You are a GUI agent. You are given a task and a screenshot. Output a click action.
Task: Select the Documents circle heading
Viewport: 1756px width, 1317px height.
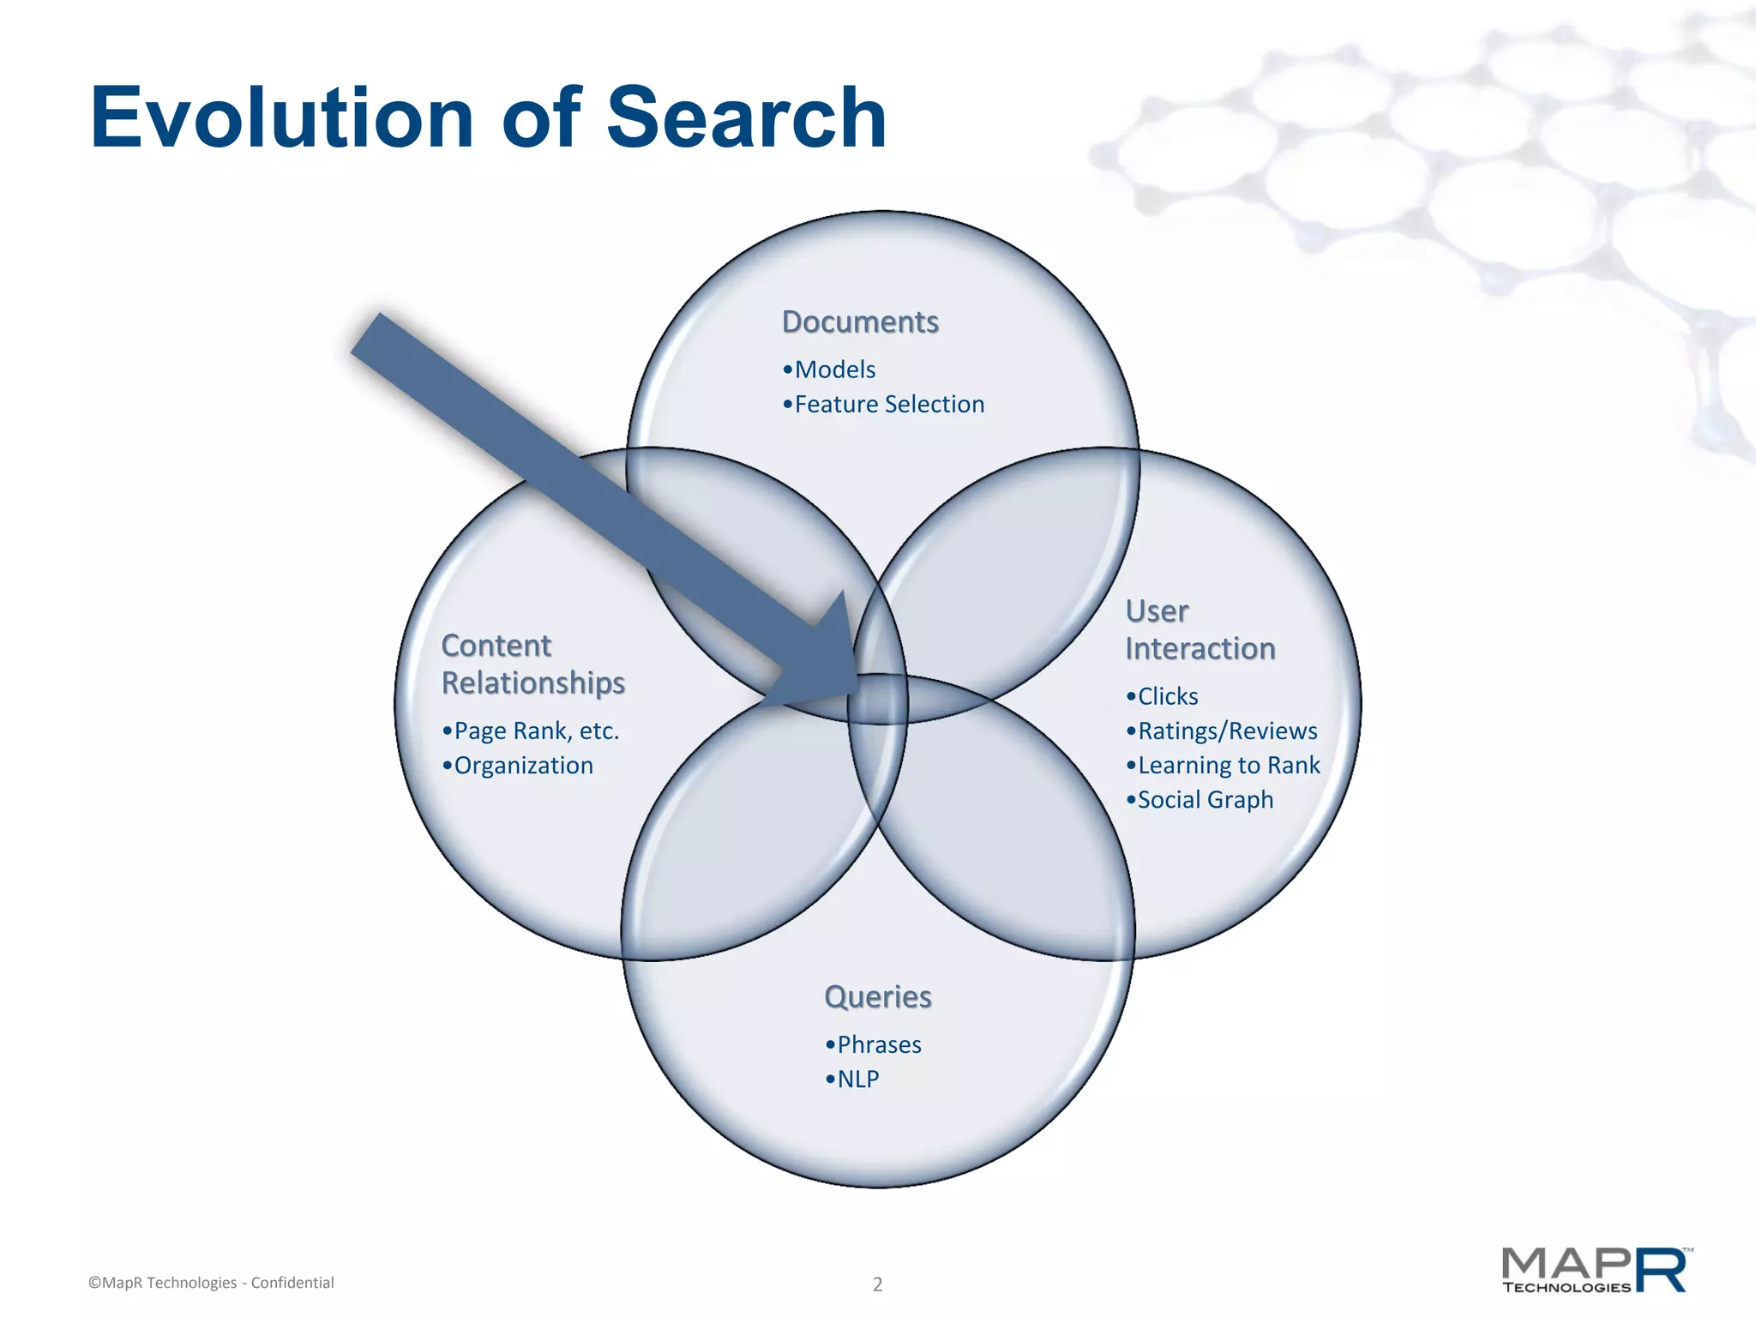[x=860, y=322]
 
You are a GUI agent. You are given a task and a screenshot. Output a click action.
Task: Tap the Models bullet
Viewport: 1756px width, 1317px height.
[x=830, y=370]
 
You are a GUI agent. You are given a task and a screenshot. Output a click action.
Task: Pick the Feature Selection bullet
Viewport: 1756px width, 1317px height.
[x=884, y=404]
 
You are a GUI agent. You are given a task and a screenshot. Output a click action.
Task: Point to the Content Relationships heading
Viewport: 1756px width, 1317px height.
[x=532, y=664]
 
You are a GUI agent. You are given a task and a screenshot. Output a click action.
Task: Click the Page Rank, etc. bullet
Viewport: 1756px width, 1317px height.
[x=531, y=731]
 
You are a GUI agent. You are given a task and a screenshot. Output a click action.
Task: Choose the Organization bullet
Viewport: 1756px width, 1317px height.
[x=518, y=765]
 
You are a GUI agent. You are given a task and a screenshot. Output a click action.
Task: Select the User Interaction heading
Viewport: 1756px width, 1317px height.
[x=1200, y=630]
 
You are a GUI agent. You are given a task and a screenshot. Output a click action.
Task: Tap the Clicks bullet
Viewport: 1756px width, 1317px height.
[x=1163, y=696]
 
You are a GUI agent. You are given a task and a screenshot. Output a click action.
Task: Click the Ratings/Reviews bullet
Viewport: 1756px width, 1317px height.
[x=1222, y=731]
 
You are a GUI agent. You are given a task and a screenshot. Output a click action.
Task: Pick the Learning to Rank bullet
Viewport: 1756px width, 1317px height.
[x=1224, y=765]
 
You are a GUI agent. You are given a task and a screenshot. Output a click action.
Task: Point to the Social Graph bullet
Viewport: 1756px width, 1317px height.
[x=1200, y=799]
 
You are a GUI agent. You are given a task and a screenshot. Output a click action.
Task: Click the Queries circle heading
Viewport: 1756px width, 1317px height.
[x=877, y=996]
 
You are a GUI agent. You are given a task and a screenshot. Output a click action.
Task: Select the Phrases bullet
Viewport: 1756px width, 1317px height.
[x=874, y=1044]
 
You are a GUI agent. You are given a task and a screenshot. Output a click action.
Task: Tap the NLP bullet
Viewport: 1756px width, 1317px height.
[x=853, y=1079]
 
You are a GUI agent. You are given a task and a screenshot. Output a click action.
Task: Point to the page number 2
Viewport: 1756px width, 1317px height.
[x=877, y=1284]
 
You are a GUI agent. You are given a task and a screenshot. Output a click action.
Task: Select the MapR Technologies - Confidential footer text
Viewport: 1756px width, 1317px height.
[x=211, y=1283]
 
